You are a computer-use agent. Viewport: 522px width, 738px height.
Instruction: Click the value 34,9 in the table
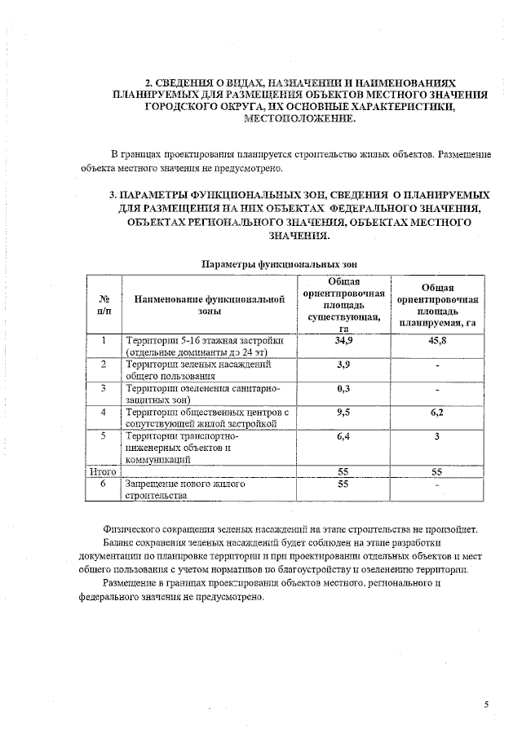click(343, 340)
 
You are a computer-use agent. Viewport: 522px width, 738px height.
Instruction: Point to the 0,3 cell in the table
click(343, 388)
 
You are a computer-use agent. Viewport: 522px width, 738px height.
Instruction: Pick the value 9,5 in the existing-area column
click(343, 413)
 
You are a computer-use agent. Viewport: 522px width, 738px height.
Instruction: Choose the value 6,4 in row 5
click(343, 437)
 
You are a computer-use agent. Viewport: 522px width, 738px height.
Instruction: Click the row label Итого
click(104, 471)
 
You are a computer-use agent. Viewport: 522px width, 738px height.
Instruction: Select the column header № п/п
click(104, 304)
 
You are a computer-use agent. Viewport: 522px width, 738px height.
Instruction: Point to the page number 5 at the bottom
click(486, 704)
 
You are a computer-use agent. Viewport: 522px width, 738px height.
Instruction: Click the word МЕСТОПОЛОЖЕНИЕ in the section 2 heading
click(301, 119)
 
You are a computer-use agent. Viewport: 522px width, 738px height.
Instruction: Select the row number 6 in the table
click(104, 484)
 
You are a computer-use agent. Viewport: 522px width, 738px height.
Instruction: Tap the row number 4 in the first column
click(104, 413)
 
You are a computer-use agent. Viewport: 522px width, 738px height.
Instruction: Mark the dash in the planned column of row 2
click(438, 365)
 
